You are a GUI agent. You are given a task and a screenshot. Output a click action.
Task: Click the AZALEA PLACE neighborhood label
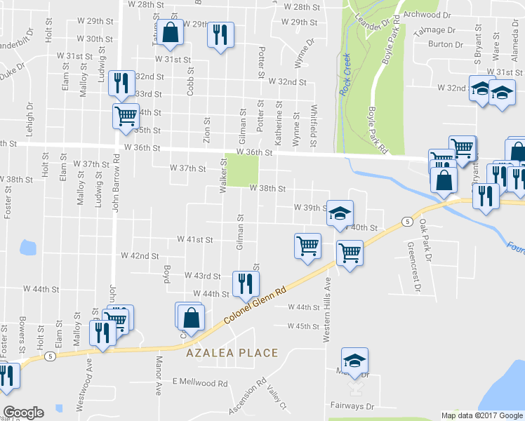click(x=232, y=353)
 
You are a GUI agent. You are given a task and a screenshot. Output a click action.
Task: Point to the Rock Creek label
click(x=345, y=75)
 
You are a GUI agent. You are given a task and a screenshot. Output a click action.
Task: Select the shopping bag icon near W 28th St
click(x=170, y=32)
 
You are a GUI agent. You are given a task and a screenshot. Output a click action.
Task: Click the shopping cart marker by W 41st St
click(x=307, y=246)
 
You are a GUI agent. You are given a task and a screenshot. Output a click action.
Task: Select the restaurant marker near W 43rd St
click(x=245, y=283)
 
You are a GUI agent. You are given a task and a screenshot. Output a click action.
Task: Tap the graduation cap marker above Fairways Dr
click(x=355, y=360)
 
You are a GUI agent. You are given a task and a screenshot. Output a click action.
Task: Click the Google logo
click(x=23, y=412)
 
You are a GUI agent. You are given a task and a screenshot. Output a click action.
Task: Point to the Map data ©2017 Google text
click(x=481, y=415)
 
